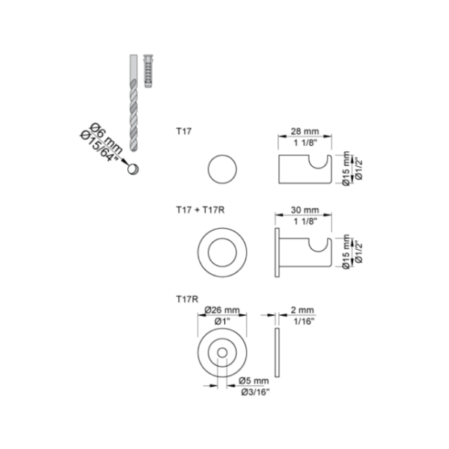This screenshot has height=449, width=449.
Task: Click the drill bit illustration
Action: click(133, 103)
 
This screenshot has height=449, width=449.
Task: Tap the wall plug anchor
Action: click(148, 71)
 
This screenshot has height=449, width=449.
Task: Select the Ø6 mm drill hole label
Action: click(106, 138)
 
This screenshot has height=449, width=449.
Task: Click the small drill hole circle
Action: click(133, 169)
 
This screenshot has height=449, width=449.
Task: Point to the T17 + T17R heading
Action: click(200, 210)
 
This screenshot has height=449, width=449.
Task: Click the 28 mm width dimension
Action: click(305, 132)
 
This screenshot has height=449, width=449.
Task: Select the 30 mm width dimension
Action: click(305, 210)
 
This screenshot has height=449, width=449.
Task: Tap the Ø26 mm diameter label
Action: click(222, 310)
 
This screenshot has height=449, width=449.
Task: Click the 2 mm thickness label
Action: click(302, 310)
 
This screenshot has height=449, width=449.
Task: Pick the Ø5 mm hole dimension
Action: click(254, 381)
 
